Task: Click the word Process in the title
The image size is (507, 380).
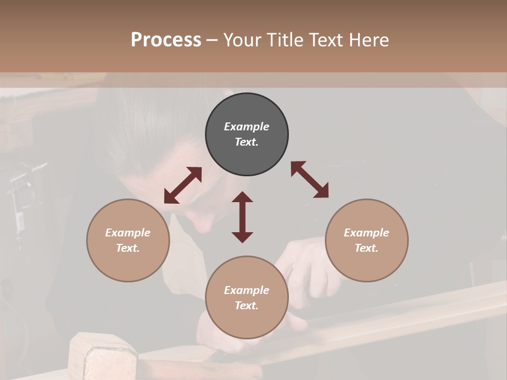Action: pos(166,40)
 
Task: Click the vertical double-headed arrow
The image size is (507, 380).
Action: pos(242,217)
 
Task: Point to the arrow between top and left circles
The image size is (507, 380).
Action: pos(183,185)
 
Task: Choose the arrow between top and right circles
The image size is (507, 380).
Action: pos(309,179)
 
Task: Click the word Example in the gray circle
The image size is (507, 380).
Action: pos(247,127)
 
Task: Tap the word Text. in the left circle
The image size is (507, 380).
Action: pos(128,248)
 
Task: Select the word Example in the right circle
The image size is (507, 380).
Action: pos(367,233)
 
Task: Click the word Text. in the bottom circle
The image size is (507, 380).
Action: pos(247,306)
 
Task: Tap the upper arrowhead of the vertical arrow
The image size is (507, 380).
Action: pos(242,197)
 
